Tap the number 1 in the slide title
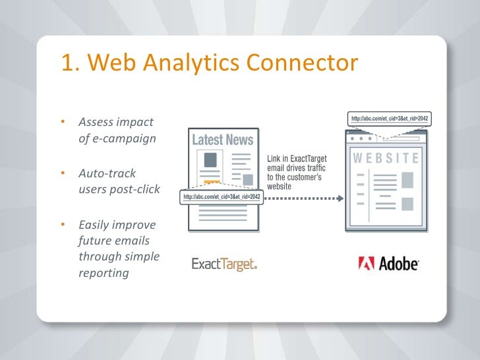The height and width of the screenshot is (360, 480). (67, 63)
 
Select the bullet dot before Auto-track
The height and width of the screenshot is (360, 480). (63, 173)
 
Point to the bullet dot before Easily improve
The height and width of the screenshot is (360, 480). (63, 225)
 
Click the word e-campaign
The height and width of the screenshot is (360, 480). (116, 138)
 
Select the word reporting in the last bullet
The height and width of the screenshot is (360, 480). (103, 272)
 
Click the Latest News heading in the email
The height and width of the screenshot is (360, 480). (222, 140)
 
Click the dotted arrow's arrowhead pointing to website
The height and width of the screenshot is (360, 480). (341, 197)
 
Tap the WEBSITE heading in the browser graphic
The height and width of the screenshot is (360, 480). (386, 158)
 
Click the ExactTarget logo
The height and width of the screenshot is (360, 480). (224, 264)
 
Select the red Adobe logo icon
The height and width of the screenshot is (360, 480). (367, 264)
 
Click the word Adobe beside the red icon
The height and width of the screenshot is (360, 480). (399, 264)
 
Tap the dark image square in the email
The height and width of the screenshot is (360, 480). (211, 160)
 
